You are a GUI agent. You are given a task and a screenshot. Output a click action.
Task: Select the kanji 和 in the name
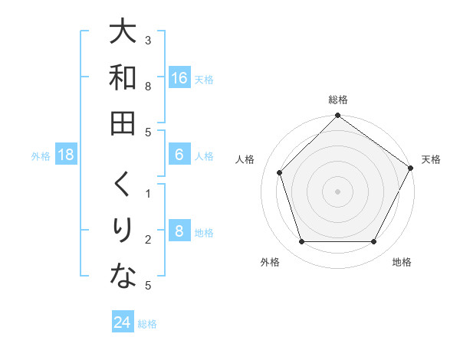123,78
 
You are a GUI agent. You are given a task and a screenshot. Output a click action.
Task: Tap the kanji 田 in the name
123,123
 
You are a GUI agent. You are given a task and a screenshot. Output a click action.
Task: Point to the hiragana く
123,184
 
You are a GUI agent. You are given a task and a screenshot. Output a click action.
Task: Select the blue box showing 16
179,77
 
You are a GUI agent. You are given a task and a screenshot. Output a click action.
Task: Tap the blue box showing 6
179,155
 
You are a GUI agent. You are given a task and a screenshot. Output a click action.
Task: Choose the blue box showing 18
66,155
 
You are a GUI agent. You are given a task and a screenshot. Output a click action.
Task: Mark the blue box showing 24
122,322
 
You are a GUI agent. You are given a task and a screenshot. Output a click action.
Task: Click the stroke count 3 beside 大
147,40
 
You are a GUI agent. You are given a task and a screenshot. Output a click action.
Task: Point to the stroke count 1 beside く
147,193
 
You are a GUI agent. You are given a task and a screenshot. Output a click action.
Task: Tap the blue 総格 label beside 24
147,324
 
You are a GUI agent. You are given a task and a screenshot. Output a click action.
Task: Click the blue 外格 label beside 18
41,156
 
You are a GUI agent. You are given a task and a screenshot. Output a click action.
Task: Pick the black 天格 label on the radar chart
431,159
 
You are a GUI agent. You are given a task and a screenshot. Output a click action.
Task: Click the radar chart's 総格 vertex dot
337,116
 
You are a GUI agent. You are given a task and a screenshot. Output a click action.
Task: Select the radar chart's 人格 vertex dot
280,172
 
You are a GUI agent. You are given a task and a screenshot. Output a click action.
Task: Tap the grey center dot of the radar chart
337,191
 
